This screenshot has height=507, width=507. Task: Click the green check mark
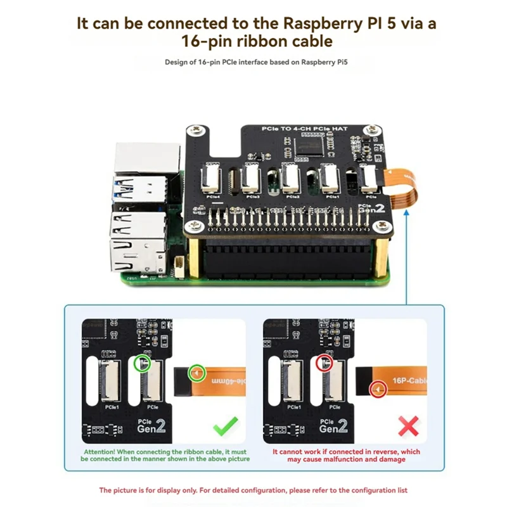[226, 425]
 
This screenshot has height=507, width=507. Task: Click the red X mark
[408, 425]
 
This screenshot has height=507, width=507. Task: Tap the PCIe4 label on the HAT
[212, 196]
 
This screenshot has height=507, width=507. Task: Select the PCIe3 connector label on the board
[253, 196]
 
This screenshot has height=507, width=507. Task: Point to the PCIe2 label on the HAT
[293, 196]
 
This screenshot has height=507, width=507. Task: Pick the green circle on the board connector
[143, 363]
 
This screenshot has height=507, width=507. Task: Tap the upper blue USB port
[141, 187]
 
